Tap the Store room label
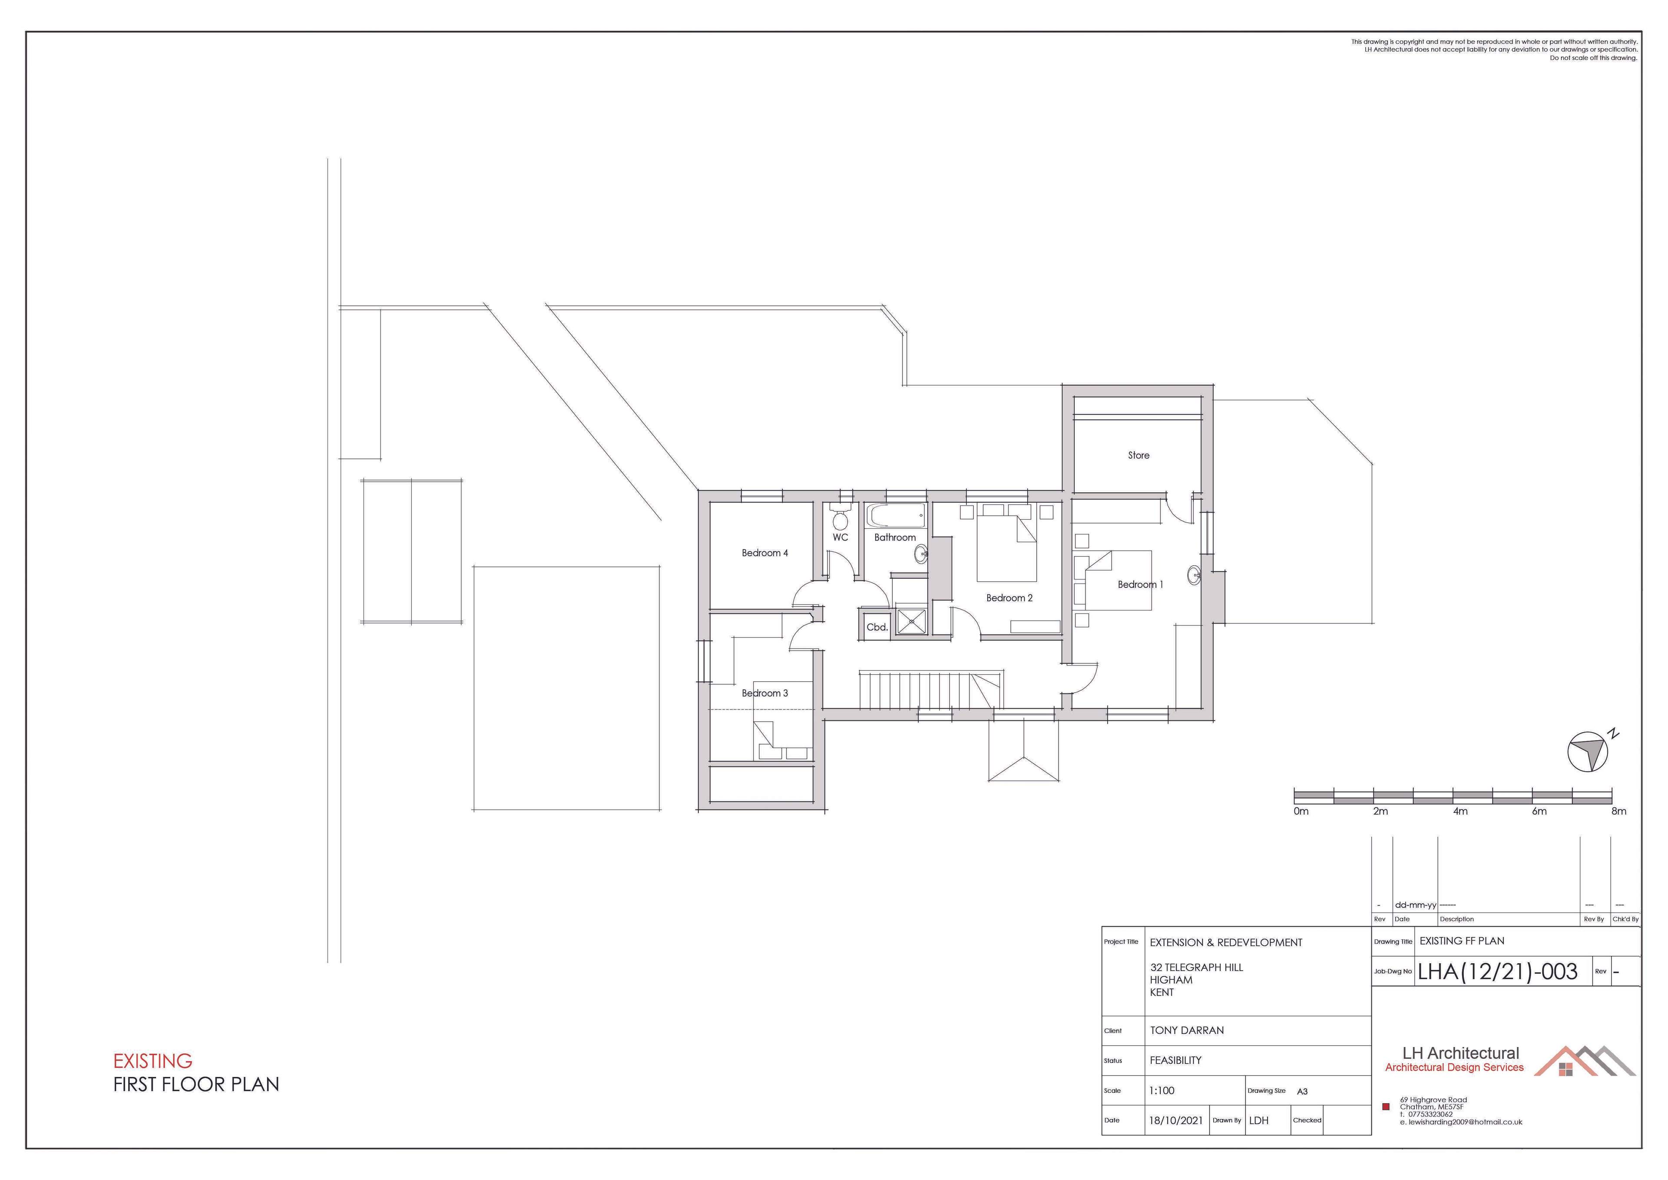1138,456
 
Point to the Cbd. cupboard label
877,627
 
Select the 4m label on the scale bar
1459,811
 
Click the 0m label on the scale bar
1301,811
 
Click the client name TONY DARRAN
1186,1030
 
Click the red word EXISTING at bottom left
152,1061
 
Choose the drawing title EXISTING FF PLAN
1462,941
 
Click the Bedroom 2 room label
1009,598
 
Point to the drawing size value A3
1303,1091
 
